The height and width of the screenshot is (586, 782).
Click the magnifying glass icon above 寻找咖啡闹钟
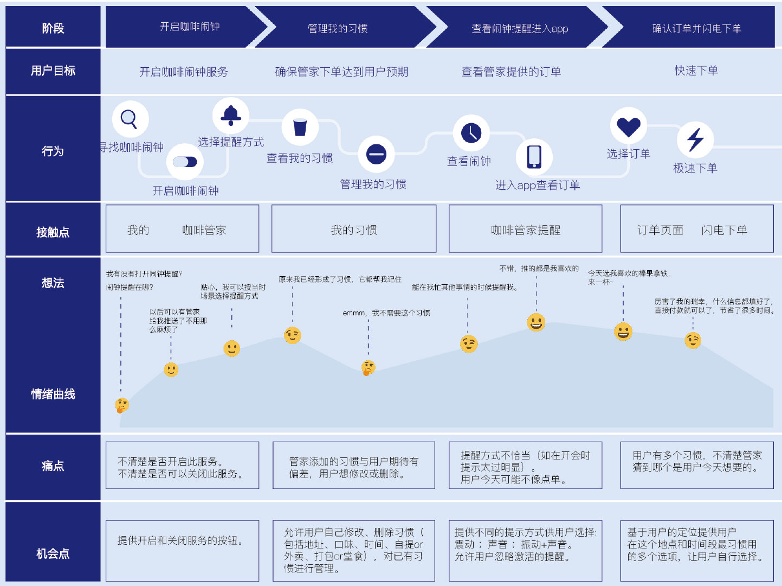click(x=130, y=119)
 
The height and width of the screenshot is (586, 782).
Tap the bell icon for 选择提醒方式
click(x=231, y=115)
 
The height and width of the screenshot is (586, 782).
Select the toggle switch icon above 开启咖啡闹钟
click(x=185, y=162)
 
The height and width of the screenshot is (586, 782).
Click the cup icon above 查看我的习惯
click(x=300, y=128)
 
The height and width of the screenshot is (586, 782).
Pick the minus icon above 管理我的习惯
click(x=376, y=154)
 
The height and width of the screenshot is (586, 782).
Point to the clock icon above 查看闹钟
click(x=471, y=132)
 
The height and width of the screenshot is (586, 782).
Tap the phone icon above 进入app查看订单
click(x=534, y=156)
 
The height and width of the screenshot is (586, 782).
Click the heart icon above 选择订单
click(x=629, y=126)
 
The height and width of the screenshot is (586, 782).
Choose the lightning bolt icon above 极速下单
click(x=695, y=139)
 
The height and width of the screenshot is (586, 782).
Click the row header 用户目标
click(x=53, y=71)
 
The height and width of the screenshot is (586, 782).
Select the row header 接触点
click(x=53, y=232)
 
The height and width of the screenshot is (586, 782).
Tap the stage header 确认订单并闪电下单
click(x=696, y=28)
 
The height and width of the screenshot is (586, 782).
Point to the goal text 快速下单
click(x=696, y=71)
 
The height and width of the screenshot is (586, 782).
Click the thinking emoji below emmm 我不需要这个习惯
click(x=368, y=368)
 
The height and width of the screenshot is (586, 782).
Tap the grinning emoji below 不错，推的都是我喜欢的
click(x=536, y=322)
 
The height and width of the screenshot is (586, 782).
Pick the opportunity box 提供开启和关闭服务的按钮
click(x=182, y=550)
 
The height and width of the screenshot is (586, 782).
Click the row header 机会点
click(x=53, y=553)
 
